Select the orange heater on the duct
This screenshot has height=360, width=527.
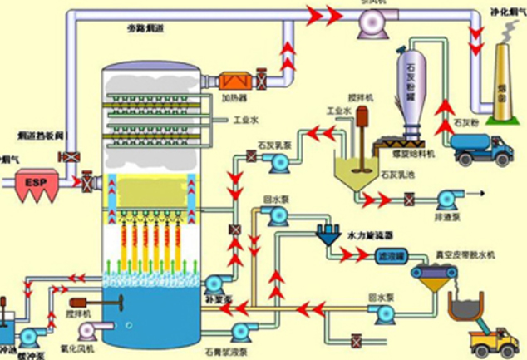coord(234,82)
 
